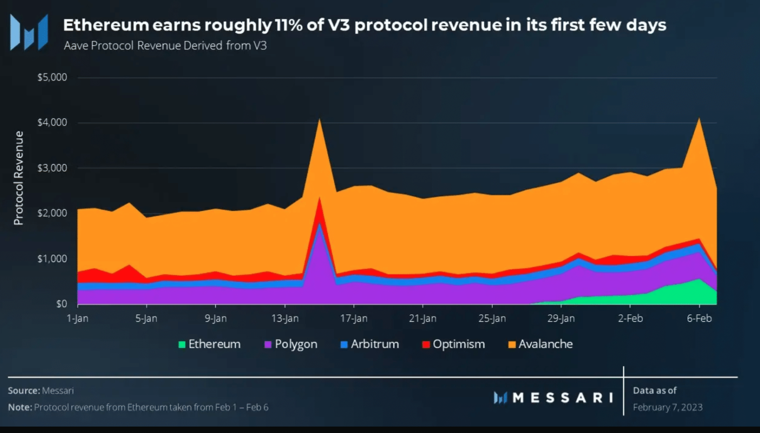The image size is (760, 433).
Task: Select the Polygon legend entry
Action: [x=291, y=344]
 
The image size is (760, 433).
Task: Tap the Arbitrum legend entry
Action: [x=370, y=344]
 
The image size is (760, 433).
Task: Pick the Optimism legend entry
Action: [x=454, y=344]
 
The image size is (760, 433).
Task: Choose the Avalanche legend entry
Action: [x=541, y=344]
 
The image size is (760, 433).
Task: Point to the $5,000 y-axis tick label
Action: [x=52, y=77]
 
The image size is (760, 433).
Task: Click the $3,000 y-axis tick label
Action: [x=52, y=168]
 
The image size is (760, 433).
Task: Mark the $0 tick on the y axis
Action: [x=61, y=304]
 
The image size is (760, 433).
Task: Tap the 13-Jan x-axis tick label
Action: [x=285, y=318]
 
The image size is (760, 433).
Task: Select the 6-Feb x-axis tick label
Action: [x=699, y=318]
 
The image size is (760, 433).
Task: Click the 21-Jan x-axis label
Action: [x=423, y=318]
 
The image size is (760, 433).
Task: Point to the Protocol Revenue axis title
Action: [x=19, y=178]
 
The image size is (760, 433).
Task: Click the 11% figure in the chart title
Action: [x=288, y=25]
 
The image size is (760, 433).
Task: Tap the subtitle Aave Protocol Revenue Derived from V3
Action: [x=165, y=45]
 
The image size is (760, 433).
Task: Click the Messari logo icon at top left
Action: [x=29, y=33]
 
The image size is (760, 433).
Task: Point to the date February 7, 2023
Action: [x=667, y=407]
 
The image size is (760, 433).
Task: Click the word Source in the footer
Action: [x=23, y=390]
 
